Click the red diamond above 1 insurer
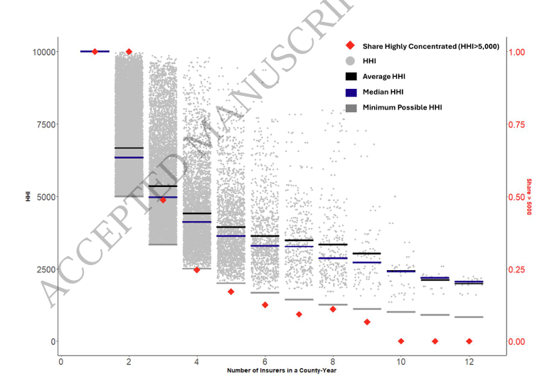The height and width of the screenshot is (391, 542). pyautogui.click(x=95, y=51)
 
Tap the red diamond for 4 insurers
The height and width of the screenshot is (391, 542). pyautogui.click(x=197, y=269)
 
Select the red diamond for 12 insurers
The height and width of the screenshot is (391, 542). pyautogui.click(x=469, y=341)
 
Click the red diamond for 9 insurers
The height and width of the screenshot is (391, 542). pyautogui.click(x=367, y=322)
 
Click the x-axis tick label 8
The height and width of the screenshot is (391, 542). pyautogui.click(x=333, y=362)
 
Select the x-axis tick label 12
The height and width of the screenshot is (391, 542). pyautogui.click(x=469, y=362)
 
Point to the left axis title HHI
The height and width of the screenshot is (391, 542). pyautogui.click(x=28, y=196)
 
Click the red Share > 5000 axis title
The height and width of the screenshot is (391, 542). pyautogui.click(x=529, y=196)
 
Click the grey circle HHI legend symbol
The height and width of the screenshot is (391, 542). pyautogui.click(x=350, y=61)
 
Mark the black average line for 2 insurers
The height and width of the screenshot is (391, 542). pyautogui.click(x=129, y=148)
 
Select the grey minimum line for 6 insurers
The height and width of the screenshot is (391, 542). pyautogui.click(x=265, y=292)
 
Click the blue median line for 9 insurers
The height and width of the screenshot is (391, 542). pyautogui.click(x=367, y=262)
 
